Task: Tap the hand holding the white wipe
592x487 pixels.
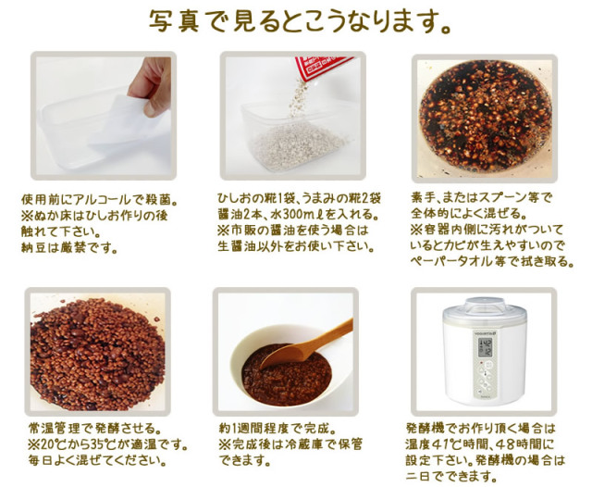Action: pos(151,85)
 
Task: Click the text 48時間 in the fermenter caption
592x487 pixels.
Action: pos(520,444)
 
